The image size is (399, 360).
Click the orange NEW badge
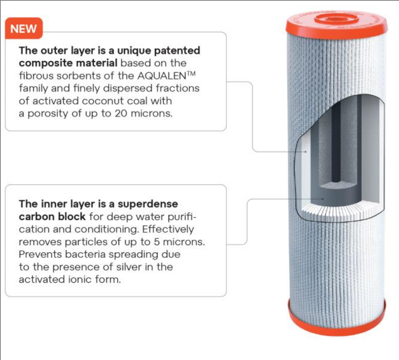[24, 28]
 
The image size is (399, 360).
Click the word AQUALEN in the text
[162, 76]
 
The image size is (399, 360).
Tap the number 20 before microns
[121, 113]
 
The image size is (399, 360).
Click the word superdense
[148, 204]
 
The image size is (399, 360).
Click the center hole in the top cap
[336, 19]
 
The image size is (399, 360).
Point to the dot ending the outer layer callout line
[306, 152]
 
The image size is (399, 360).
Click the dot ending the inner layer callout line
[323, 199]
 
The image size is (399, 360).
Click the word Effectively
[168, 229]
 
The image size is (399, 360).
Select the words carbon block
[52, 216]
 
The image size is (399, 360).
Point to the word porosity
[48, 114]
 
